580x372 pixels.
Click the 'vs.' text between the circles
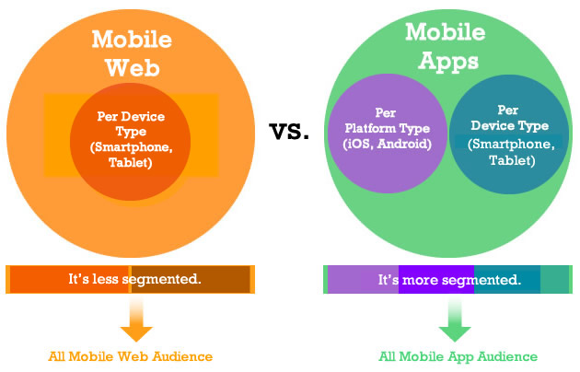pos(289,132)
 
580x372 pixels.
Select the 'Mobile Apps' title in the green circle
pos(445,47)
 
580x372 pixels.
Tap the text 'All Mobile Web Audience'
pos(131,355)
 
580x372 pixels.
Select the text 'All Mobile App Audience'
pos(458,355)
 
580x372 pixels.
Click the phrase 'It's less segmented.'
pos(134,278)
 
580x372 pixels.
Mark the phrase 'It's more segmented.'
pos(449,278)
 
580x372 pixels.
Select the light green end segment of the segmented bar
pos(554,278)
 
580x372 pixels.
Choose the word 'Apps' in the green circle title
pos(445,62)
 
